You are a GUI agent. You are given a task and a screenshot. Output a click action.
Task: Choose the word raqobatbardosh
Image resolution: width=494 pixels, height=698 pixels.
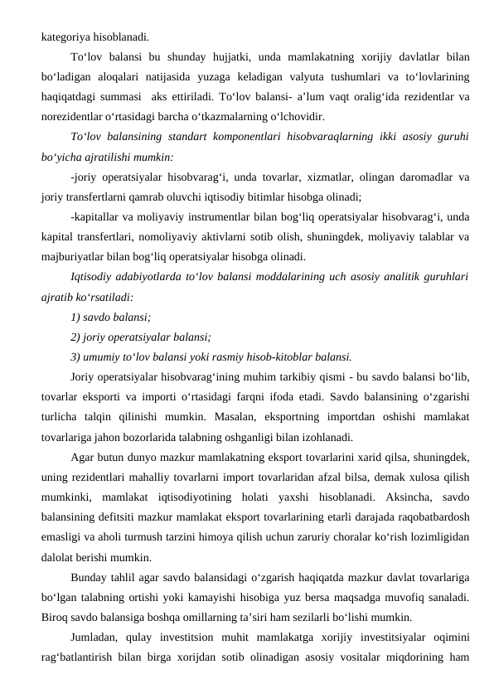click(x=430, y=517)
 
